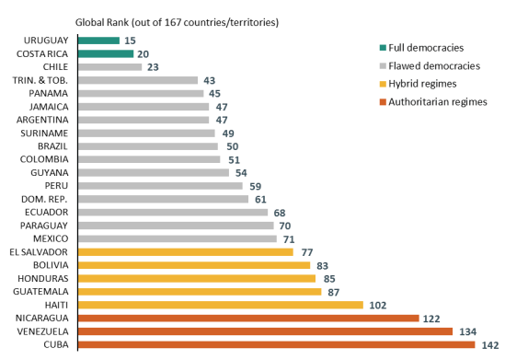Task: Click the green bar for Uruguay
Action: pyautogui.click(x=98, y=41)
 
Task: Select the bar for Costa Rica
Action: pyautogui.click(x=106, y=53)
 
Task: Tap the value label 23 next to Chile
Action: pyautogui.click(x=153, y=67)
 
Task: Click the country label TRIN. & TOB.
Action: pyautogui.click(x=43, y=80)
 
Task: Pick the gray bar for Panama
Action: pyautogui.click(x=141, y=93)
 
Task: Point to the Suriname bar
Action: pyautogui.click(x=146, y=133)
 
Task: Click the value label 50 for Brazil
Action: pyautogui.click(x=232, y=146)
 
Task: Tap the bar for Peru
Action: pyautogui.click(x=160, y=186)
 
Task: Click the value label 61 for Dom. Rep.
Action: pyautogui.click(x=262, y=199)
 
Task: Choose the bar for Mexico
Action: pyautogui.click(x=178, y=238)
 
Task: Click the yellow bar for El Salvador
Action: pyautogui.click(x=186, y=251)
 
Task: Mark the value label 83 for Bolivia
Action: pyautogui.click(x=324, y=265)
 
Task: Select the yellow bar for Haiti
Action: pyautogui.click(x=221, y=305)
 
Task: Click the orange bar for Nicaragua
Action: pyautogui.click(x=248, y=318)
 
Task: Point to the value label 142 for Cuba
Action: pyautogui.click(x=490, y=345)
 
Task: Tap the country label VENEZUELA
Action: pyautogui.click(x=41, y=331)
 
